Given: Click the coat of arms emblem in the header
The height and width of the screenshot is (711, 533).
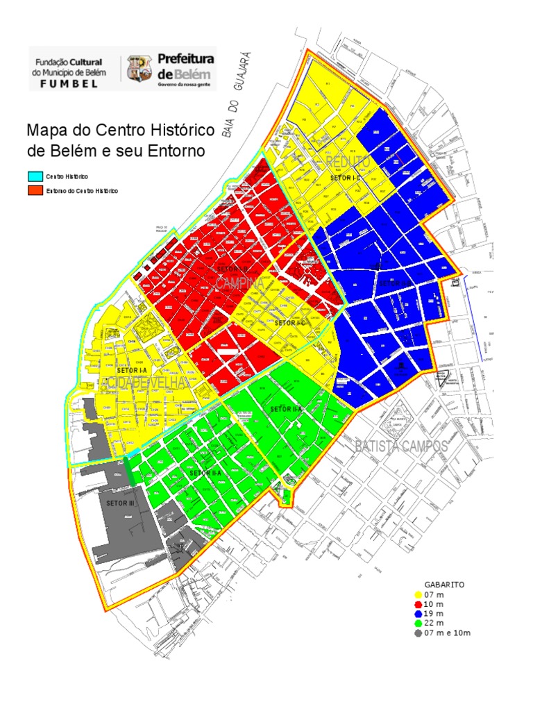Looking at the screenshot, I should (x=138, y=68).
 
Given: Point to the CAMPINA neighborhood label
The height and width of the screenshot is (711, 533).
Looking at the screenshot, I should (x=239, y=283).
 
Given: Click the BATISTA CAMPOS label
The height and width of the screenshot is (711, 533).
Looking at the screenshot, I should (x=401, y=446).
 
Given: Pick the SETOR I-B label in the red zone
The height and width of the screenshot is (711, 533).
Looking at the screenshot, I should (x=232, y=269).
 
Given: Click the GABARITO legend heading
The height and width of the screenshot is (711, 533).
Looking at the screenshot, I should (x=444, y=585).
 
